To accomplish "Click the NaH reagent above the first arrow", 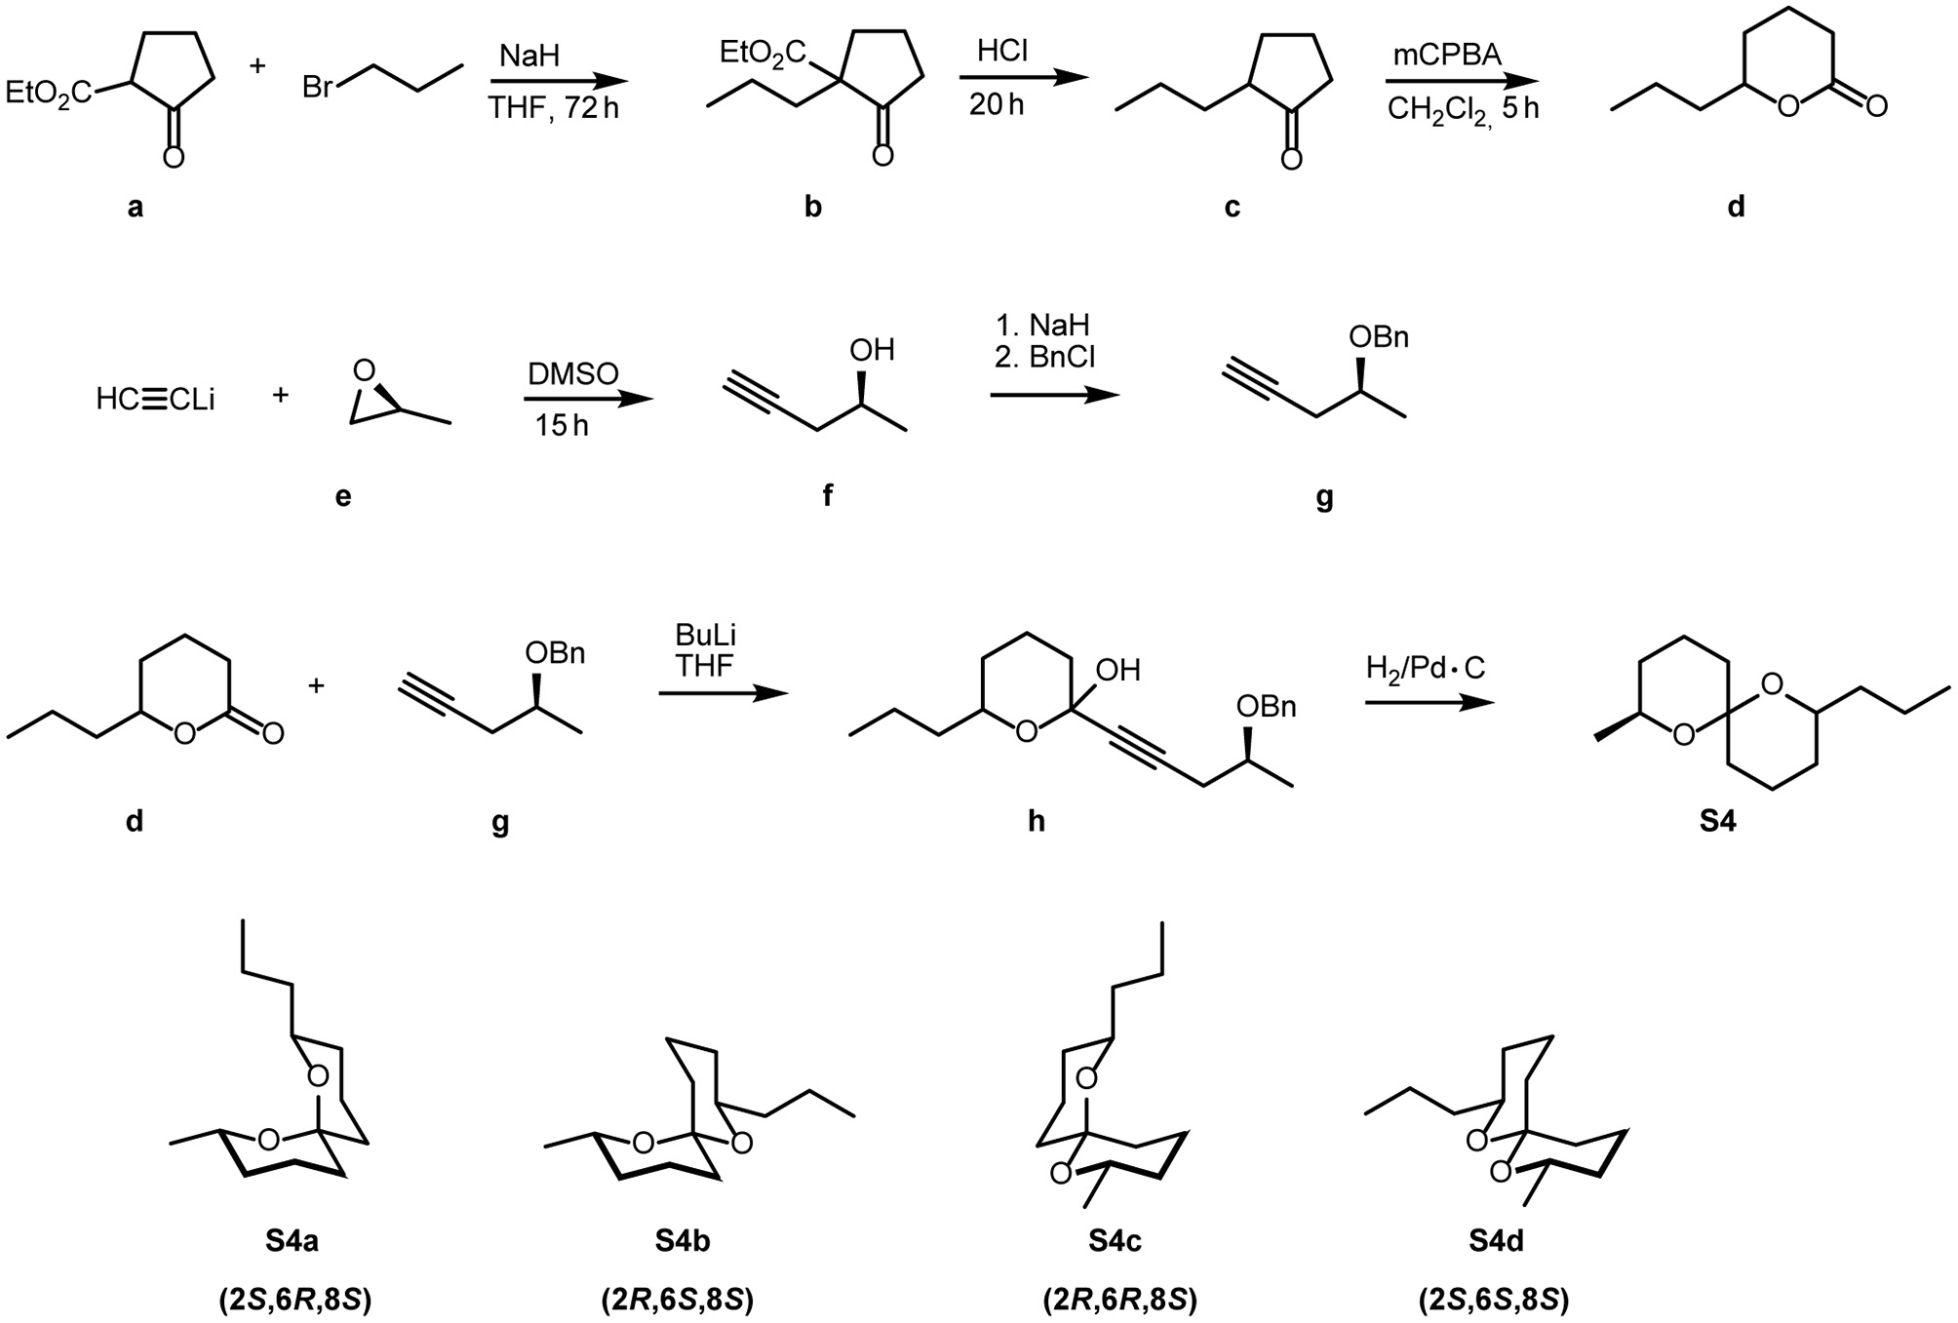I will click(x=529, y=56).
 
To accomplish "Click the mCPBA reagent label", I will click(x=1445, y=55).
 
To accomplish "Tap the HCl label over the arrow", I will click(x=1002, y=52).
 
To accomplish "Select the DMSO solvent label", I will click(x=573, y=373).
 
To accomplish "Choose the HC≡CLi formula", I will click(x=155, y=399).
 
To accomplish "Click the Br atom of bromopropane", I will click(x=319, y=88).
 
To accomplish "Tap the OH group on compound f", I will click(x=872, y=350).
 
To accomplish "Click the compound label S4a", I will click(x=292, y=1241).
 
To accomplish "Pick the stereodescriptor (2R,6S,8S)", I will click(x=678, y=1301).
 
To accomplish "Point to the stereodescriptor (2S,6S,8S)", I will click(x=1494, y=1301).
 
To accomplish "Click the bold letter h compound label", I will click(x=1036, y=822).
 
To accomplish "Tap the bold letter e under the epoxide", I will click(x=343, y=497).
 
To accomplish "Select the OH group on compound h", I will click(x=1117, y=670).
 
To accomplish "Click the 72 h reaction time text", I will click(x=591, y=107).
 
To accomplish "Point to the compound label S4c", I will click(x=1116, y=1241).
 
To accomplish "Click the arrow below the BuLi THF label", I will click(x=722, y=694).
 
